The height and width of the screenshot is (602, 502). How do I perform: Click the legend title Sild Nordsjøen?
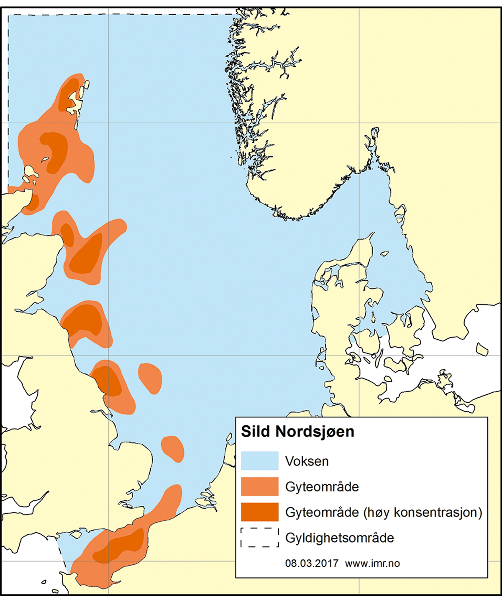point(297,432)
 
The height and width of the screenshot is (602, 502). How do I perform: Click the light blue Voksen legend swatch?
point(259,461)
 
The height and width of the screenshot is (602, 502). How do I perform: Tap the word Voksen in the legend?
point(307,461)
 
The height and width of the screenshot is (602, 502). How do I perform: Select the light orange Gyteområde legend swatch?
point(259,486)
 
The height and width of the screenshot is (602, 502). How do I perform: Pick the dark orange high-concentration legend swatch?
point(259,512)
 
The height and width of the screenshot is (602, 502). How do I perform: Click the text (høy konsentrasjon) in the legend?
point(423,512)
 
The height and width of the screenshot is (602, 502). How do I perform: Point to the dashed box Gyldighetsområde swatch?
point(259,537)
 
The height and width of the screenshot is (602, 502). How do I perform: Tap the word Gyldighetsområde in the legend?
point(339,538)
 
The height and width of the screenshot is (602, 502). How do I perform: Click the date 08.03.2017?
point(311,563)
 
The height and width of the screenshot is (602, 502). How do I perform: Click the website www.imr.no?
point(372,563)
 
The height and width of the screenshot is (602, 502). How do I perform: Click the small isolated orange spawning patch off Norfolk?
point(172,448)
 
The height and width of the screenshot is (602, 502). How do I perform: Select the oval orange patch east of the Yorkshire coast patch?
point(150,378)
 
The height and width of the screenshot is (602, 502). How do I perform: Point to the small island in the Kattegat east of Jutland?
point(384,253)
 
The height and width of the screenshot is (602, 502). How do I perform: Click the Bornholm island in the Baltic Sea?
point(482,349)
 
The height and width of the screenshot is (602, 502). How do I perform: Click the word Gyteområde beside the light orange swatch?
point(322,487)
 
